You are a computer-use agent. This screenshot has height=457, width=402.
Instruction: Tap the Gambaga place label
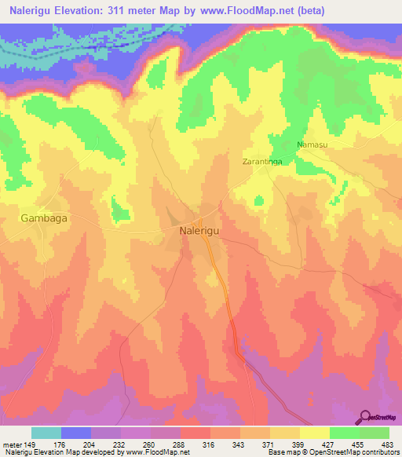(43, 219)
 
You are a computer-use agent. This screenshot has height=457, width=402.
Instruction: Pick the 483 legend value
(386, 444)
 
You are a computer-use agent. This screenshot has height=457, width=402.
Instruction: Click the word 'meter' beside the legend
(13, 444)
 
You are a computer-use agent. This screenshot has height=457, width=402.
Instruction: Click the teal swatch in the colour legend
(46, 433)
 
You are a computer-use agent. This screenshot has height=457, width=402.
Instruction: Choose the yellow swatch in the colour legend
(314, 433)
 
